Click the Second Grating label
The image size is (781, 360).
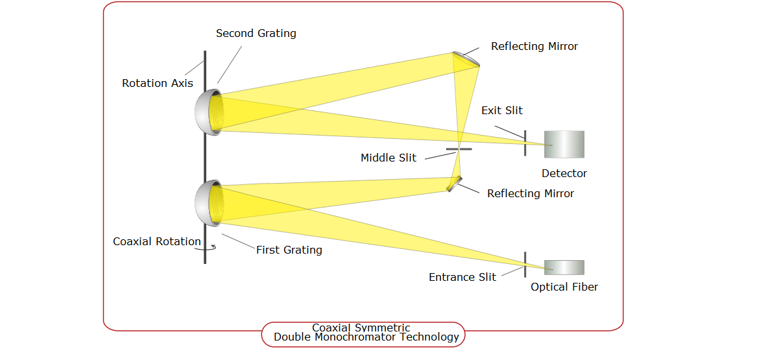tap(256, 34)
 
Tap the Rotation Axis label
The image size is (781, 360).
tap(158, 84)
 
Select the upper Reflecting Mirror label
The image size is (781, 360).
tap(534, 47)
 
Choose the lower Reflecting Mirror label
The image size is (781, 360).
tap(530, 194)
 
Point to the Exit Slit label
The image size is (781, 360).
tap(501, 111)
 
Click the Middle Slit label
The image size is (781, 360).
tap(388, 158)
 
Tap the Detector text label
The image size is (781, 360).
tap(564, 174)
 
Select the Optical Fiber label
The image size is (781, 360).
tap(564, 287)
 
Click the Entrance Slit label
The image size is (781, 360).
tap(462, 278)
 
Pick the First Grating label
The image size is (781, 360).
tap(289, 250)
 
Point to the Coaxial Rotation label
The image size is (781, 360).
tap(157, 242)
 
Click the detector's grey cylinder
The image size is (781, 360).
tap(564, 144)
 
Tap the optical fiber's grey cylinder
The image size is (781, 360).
tap(564, 267)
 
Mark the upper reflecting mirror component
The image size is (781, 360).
tap(467, 58)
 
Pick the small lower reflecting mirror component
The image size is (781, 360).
tap(454, 184)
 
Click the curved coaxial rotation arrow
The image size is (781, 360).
tap(209, 246)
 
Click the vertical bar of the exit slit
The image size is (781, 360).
tap(525, 143)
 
